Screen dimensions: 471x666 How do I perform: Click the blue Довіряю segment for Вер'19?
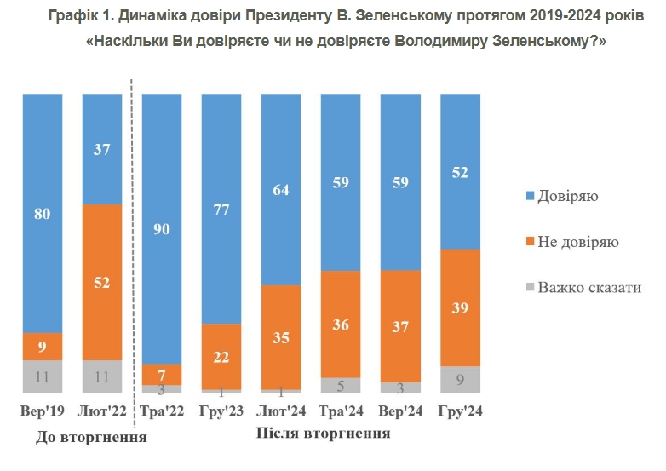tap(43, 213)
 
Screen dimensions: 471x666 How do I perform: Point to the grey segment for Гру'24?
tap(461, 379)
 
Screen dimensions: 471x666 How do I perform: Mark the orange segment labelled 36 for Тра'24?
tap(342, 324)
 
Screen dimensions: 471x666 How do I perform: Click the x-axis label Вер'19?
tap(43, 412)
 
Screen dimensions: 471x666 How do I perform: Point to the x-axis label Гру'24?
tap(461, 412)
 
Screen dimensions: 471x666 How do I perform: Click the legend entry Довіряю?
tap(567, 197)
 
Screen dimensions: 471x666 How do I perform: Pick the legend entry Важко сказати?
tap(588, 287)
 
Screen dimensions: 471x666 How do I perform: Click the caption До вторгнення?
tap(92, 439)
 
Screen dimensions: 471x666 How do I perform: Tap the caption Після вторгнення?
tap(324, 434)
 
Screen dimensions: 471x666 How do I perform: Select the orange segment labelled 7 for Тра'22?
tap(163, 374)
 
